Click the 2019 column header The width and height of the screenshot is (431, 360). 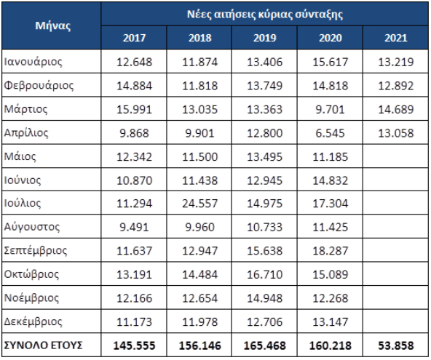pos(264,38)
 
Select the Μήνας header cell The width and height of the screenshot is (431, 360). pos(52,25)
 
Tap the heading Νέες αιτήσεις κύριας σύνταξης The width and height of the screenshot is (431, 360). pos(265,15)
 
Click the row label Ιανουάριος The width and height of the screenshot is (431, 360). pos(33,62)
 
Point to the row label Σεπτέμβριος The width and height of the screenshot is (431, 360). pos(36,250)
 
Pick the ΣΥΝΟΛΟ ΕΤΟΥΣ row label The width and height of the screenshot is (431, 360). pos(43,345)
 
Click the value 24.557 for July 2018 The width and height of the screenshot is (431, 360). pos(199,204)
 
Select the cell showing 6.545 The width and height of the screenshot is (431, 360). pos(330,133)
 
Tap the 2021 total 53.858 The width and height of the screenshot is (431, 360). pos(396,345)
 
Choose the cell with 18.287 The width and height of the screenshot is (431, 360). pos(330,251)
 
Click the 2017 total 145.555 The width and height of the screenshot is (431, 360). pos(134,345)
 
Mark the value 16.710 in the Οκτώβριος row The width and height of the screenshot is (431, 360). pos(264,274)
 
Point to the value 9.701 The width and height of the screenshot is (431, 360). pos(330,110)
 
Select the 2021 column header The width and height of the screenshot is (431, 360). pos(396,38)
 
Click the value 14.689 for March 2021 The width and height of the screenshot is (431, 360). pos(396,110)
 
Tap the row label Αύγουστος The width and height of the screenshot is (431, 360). pos(32,227)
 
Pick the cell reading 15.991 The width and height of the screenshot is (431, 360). pos(134,110)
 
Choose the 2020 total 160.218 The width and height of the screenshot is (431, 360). pos(330,345)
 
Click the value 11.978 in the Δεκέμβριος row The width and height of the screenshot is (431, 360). pos(199,321)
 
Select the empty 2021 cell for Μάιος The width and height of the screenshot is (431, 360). pos(395,156)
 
